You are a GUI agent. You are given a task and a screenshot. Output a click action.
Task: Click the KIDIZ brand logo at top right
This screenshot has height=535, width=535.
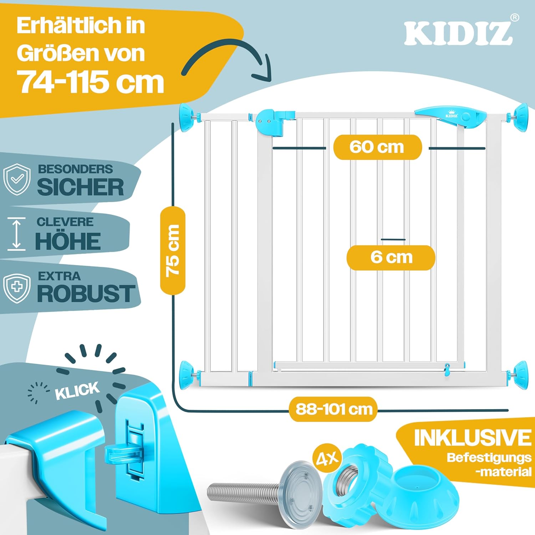click(458, 34)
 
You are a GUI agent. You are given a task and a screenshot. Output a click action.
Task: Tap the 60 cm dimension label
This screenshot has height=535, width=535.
click(377, 147)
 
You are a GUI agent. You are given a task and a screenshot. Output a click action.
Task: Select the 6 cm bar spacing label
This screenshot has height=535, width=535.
click(391, 257)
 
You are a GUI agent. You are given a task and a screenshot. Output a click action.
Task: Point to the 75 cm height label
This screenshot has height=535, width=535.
click(173, 250)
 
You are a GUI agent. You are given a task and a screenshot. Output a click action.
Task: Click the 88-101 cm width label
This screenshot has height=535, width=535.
click(333, 409)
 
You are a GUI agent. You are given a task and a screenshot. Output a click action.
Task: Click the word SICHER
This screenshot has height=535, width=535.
click(81, 187)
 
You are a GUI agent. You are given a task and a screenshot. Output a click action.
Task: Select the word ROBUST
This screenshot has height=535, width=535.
click(86, 294)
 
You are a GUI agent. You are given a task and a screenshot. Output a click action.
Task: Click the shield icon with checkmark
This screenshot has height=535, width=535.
click(17, 179)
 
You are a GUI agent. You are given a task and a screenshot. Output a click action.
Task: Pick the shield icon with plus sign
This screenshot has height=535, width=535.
click(17, 288)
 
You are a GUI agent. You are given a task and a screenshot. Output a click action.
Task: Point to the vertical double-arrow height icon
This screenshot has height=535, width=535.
click(16, 234)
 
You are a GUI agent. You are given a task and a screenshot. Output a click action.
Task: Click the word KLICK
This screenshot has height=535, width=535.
click(77, 390)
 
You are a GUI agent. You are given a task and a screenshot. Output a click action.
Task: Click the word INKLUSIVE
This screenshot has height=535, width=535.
click(472, 438)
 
